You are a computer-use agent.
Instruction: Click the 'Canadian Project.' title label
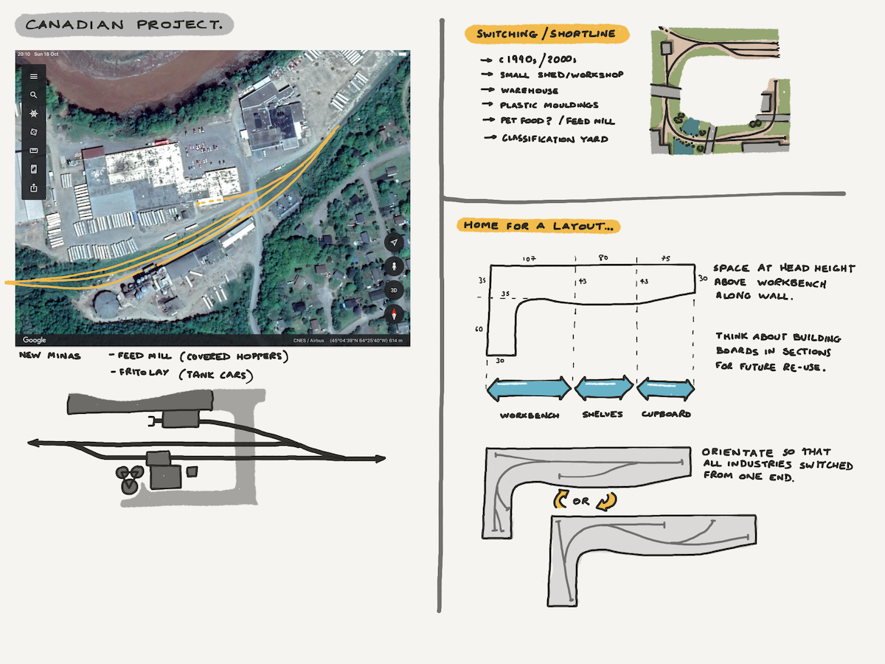(124, 25)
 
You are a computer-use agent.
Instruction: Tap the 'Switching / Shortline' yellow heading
(546, 35)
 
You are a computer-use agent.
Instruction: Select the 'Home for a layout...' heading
(538, 225)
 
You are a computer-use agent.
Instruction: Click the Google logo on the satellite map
(35, 339)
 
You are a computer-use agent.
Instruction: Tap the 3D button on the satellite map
(395, 289)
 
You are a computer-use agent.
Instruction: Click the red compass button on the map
(395, 314)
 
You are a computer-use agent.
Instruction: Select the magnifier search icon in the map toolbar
(34, 95)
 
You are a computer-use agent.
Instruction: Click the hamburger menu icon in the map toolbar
(34, 76)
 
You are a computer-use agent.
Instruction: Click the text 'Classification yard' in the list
(555, 139)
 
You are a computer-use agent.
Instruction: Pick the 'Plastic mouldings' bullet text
(549, 106)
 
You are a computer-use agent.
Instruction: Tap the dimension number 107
(528, 259)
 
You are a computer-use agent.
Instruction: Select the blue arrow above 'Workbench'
(529, 388)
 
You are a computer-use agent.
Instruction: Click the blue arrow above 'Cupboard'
(665, 388)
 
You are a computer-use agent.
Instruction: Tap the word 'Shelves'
(602, 414)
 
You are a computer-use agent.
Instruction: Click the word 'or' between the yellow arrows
(580, 501)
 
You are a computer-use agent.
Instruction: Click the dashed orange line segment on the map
(209, 199)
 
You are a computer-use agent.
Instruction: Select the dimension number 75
(665, 259)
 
